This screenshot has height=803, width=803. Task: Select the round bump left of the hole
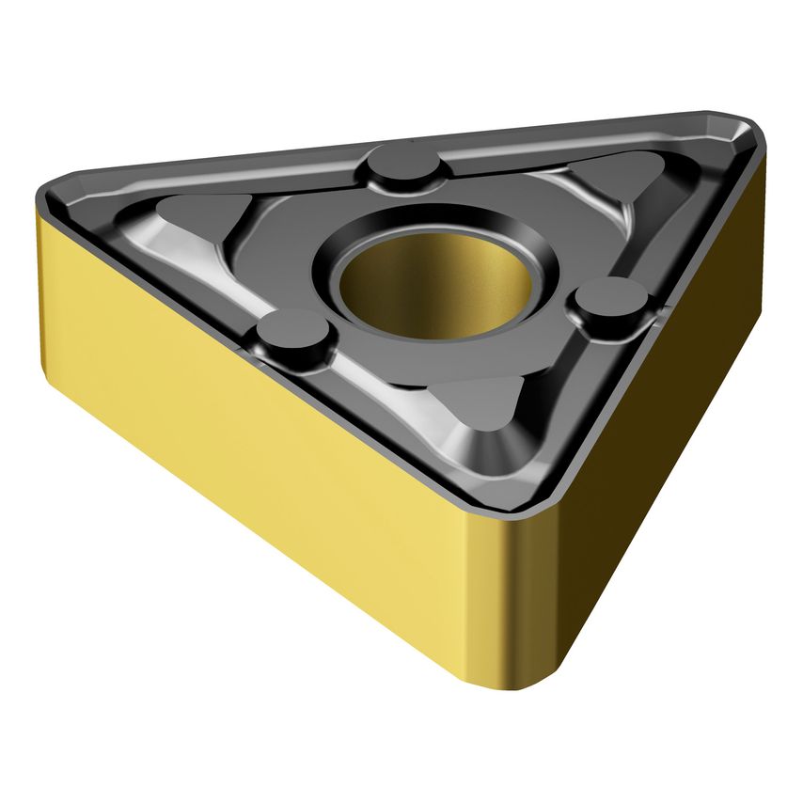click(x=295, y=333)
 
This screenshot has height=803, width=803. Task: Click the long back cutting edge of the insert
click(x=395, y=141)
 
